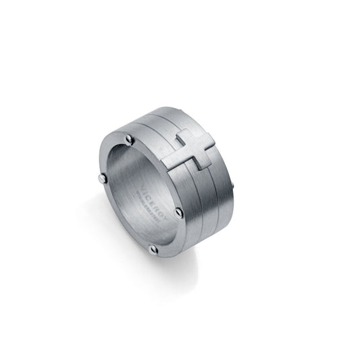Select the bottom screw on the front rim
[x=153, y=249]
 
